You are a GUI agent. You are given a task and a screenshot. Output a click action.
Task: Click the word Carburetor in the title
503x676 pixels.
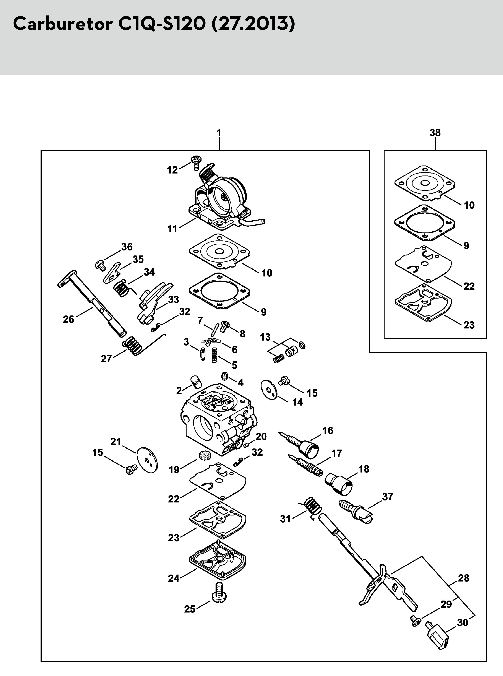(x=63, y=24)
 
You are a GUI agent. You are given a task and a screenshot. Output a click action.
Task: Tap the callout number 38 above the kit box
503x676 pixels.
(x=435, y=133)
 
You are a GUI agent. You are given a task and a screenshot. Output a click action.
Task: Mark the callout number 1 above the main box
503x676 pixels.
(x=219, y=133)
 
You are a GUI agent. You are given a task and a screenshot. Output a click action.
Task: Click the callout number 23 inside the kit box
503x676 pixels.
(x=469, y=325)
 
